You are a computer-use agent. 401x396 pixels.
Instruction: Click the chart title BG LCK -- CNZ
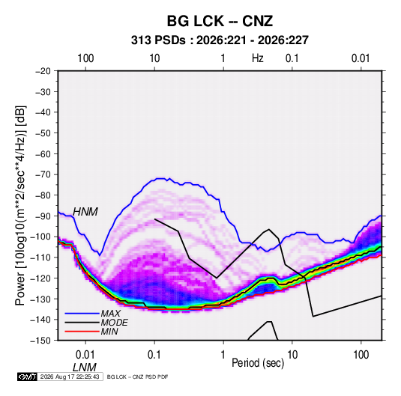(x=220, y=21)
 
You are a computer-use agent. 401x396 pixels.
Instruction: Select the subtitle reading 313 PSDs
(x=158, y=40)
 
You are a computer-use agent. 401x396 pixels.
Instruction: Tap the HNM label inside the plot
(x=85, y=212)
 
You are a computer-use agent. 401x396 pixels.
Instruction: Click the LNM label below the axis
(x=85, y=368)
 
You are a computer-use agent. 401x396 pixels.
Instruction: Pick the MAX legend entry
(x=110, y=314)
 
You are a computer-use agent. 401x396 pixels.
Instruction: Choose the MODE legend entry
(x=114, y=323)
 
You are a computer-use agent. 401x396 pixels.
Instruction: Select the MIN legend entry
(x=109, y=332)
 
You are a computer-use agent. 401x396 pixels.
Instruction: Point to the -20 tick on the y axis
(x=43, y=71)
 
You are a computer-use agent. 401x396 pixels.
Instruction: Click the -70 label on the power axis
(x=43, y=174)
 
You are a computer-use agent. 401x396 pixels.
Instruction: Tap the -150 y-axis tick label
(x=41, y=341)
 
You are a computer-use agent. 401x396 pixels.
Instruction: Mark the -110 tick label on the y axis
(x=41, y=258)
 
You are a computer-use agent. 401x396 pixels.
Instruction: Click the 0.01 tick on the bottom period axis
(x=85, y=355)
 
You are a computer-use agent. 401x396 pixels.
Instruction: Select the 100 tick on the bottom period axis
(x=361, y=355)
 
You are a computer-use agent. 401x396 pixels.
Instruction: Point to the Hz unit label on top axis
(x=258, y=58)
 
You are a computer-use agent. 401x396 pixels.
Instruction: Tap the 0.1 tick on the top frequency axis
(x=292, y=58)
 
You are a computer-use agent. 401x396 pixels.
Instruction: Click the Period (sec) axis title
(x=258, y=363)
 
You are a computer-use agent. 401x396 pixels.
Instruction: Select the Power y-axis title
(x=20, y=206)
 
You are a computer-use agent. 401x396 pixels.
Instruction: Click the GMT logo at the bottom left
(x=27, y=377)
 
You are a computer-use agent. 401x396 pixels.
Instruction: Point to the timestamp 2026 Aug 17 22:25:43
(x=70, y=377)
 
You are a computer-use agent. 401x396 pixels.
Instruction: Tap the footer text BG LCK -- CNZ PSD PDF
(x=137, y=377)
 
